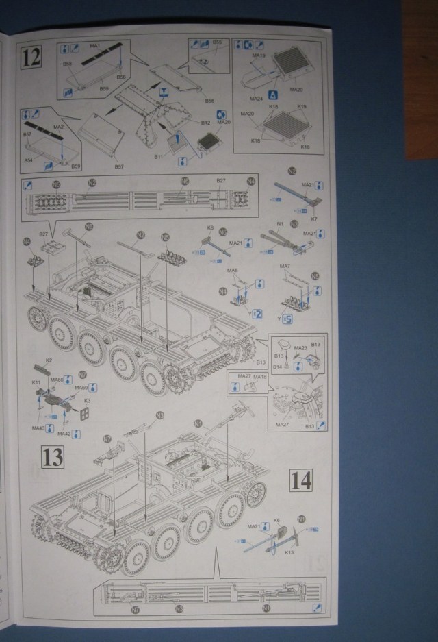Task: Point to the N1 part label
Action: [279, 223]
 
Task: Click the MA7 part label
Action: [285, 265]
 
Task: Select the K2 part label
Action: [49, 360]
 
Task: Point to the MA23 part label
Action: [300, 348]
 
